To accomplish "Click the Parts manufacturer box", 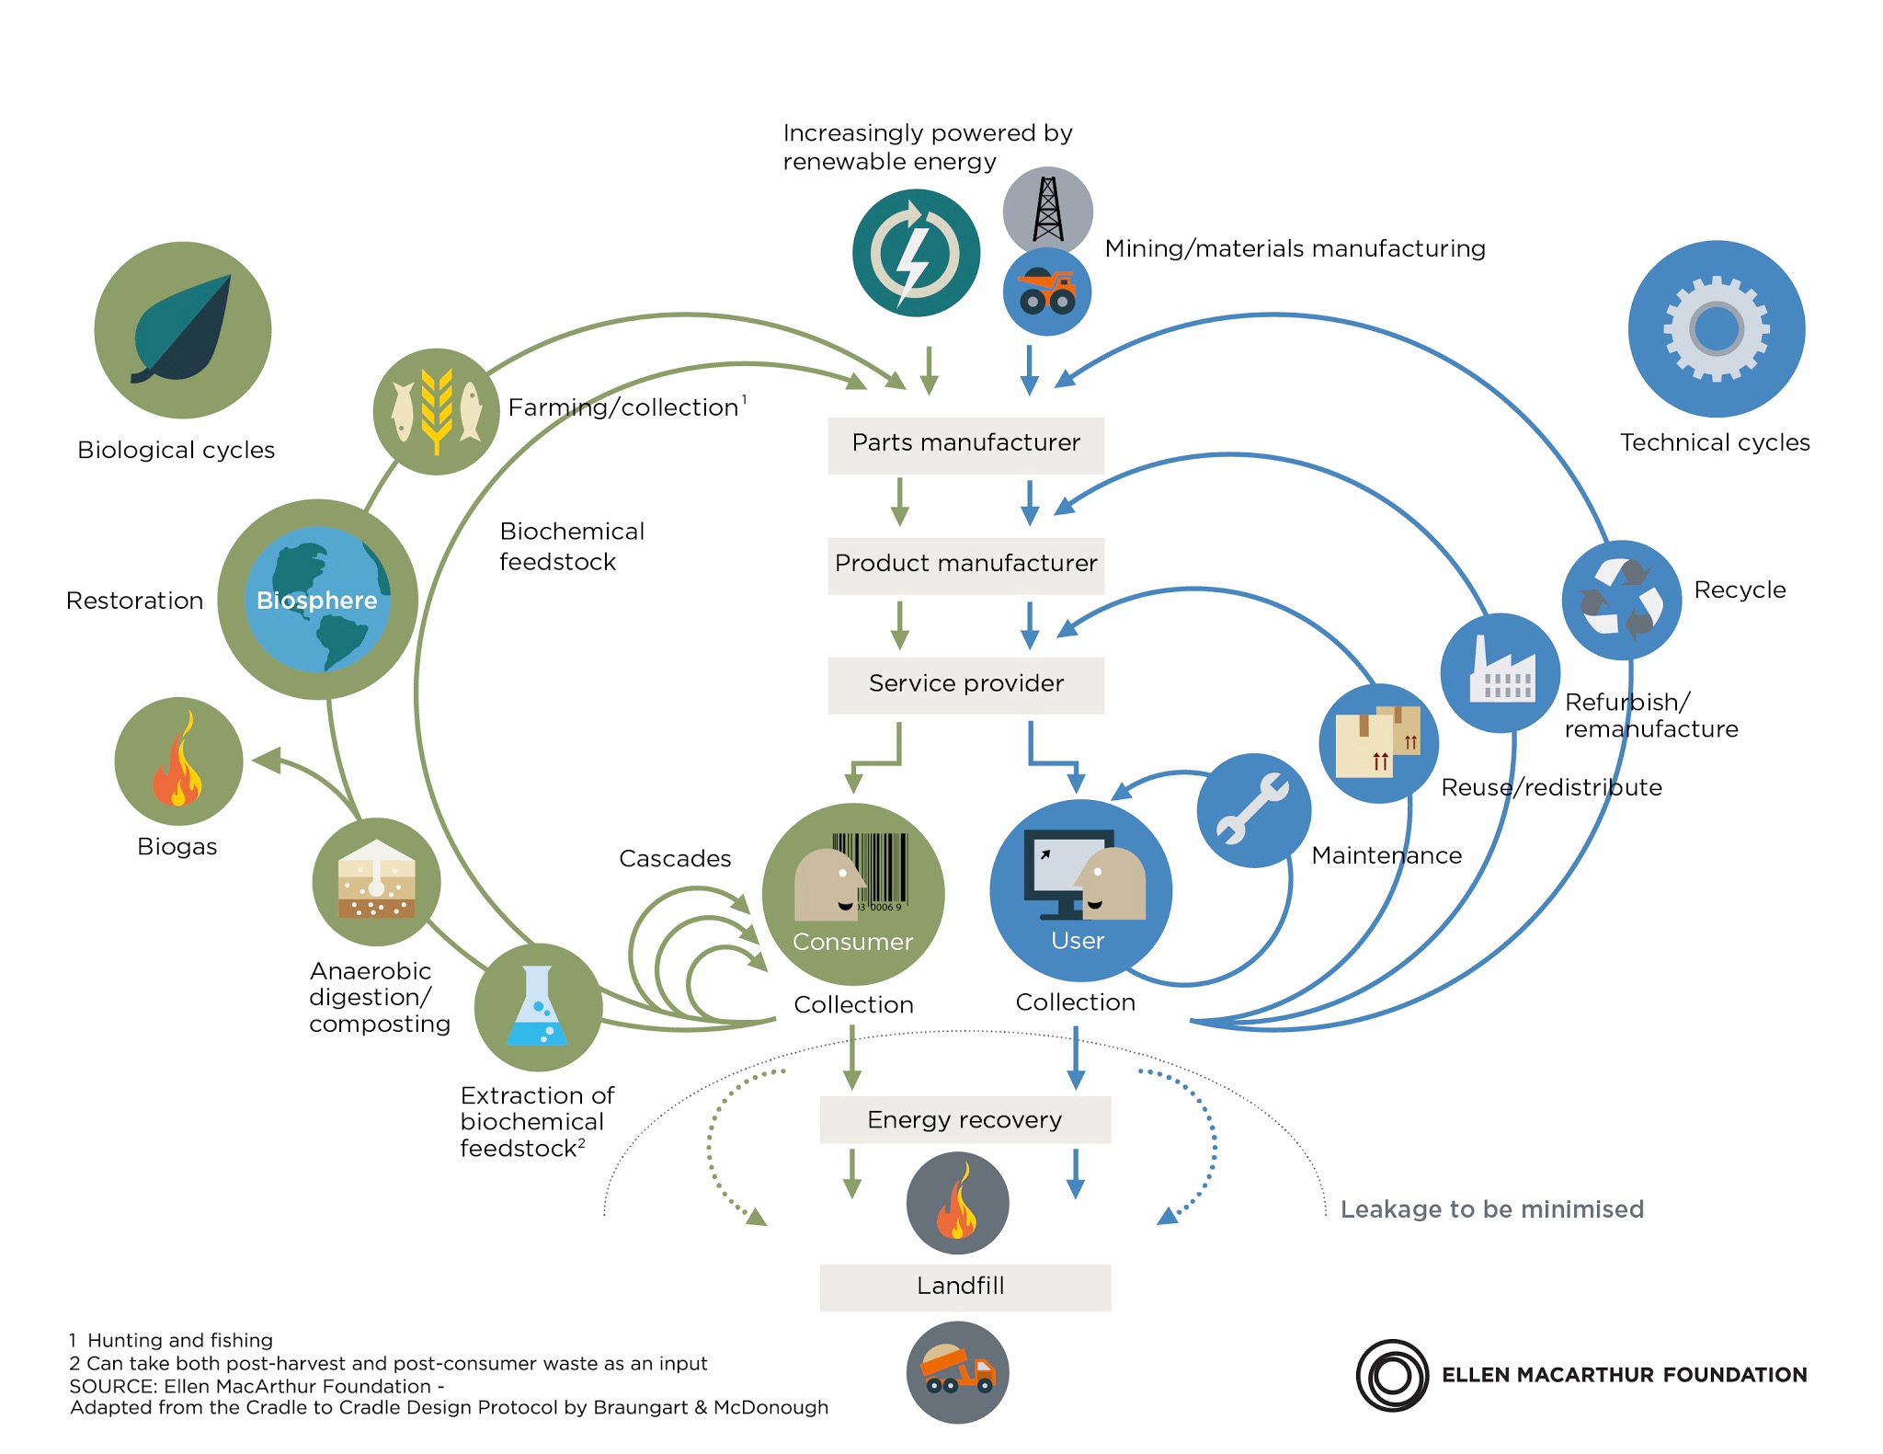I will point(965,445).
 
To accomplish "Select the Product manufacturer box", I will point(965,565).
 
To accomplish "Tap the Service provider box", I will point(965,684).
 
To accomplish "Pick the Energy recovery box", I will point(964,1119).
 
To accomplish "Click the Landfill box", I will point(964,1287).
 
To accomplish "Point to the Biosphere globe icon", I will point(317,599).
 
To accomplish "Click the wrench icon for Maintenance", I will point(1253,809).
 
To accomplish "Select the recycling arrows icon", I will point(1621,600).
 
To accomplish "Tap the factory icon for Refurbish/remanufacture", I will point(1500,672).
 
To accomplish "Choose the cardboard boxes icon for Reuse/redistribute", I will point(1377,742).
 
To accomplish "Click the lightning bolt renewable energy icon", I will point(915,253).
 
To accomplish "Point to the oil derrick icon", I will point(1047,210).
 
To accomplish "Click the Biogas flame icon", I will point(178,761).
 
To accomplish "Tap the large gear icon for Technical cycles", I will point(1716,328).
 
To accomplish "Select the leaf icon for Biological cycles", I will point(183,329).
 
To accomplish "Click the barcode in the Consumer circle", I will point(872,868).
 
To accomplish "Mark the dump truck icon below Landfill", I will point(957,1372).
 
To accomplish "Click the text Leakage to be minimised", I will point(1491,1209).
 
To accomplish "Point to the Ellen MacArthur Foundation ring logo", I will point(1392,1375).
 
